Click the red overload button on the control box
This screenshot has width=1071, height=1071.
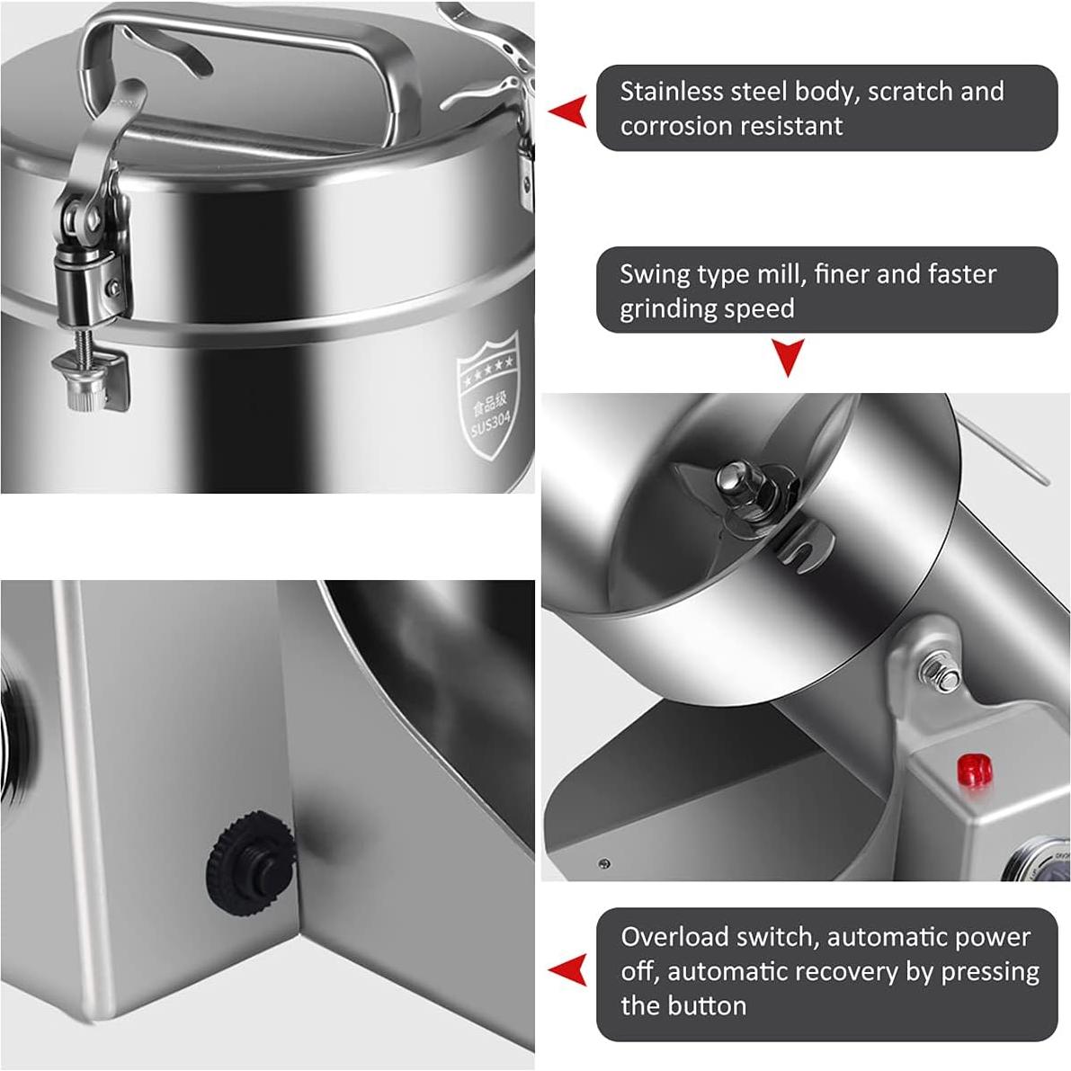tap(975, 770)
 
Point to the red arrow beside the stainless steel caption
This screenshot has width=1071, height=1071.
tap(568, 111)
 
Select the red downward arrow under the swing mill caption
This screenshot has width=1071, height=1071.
tap(789, 357)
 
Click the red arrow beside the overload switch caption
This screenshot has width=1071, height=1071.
tap(568, 970)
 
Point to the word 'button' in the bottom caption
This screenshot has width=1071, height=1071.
tap(703, 1005)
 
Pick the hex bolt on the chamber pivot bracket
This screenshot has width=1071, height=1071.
tap(942, 673)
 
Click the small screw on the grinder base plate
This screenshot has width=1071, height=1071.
tap(603, 865)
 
